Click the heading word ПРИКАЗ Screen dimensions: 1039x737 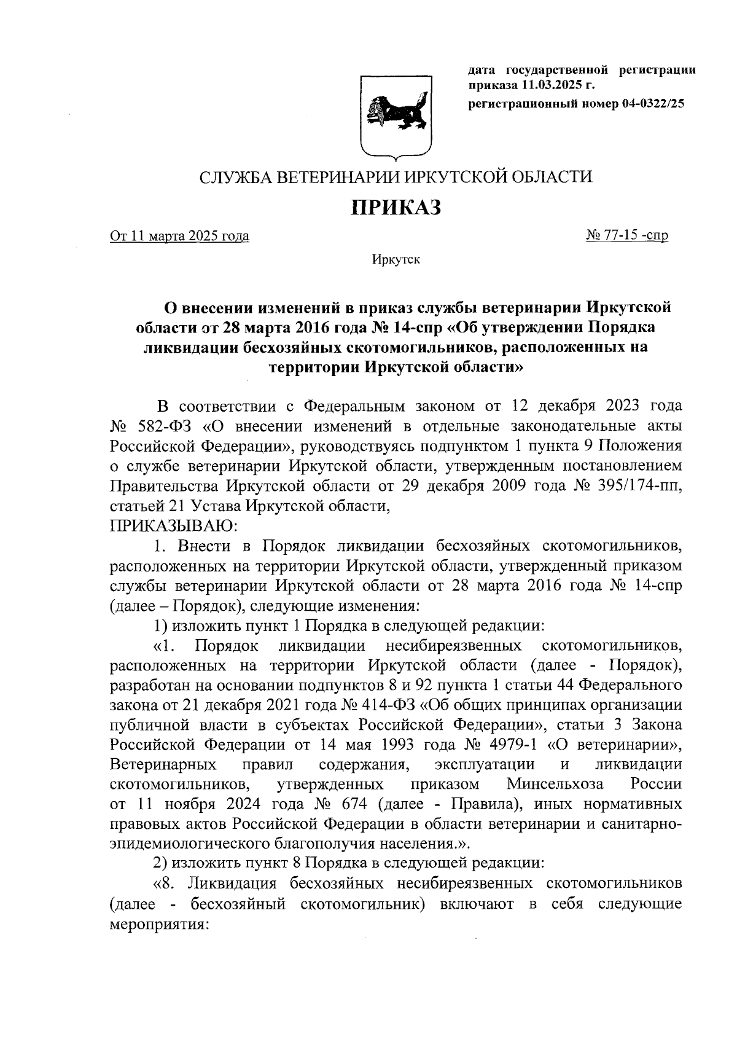(396, 208)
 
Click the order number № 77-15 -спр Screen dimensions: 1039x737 (627, 235)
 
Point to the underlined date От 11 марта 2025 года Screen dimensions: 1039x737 (179, 236)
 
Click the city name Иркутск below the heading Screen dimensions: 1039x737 (396, 261)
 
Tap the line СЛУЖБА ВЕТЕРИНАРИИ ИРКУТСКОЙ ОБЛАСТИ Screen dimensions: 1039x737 (396, 178)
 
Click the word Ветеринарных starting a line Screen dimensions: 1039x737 (163, 764)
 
